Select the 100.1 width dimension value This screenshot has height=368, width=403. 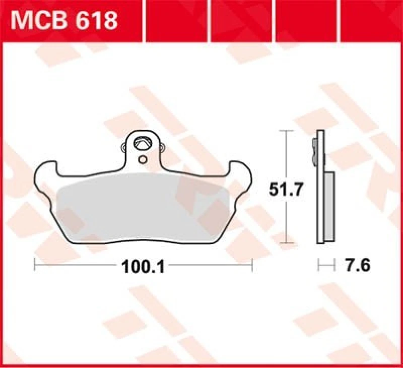[143, 266]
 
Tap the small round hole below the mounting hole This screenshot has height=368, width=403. [143, 160]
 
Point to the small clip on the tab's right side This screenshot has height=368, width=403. [162, 147]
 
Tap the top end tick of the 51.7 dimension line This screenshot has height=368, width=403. [286, 131]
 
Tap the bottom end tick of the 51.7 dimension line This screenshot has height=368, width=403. [286, 243]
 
